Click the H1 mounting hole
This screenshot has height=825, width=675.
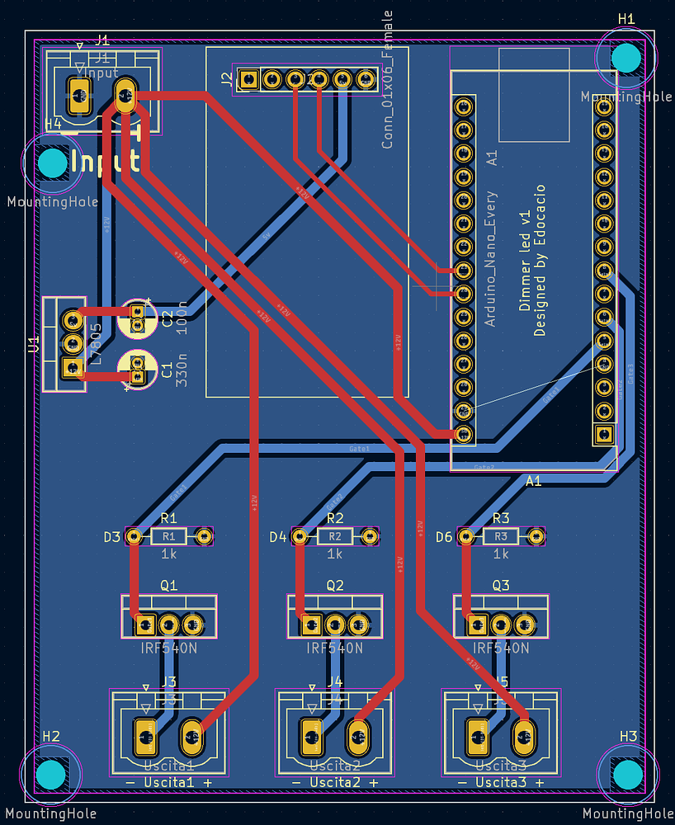pos(626,57)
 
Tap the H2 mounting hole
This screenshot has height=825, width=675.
pos(51,774)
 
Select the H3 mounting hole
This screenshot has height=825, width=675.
pos(627,774)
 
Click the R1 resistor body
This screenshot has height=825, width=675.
pos(169,537)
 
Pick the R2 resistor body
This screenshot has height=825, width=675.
pos(335,537)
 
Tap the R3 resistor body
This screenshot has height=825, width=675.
pos(501,537)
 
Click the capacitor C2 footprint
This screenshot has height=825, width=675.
pos(137,318)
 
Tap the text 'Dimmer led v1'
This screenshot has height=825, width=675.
pos(525,262)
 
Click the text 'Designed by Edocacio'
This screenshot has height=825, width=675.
pos(541,262)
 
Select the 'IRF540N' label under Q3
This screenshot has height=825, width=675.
pos(501,648)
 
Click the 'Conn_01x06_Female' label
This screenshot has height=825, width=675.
pos(388,81)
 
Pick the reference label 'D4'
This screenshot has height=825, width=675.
pos(278,538)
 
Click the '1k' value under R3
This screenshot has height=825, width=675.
pos(501,554)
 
